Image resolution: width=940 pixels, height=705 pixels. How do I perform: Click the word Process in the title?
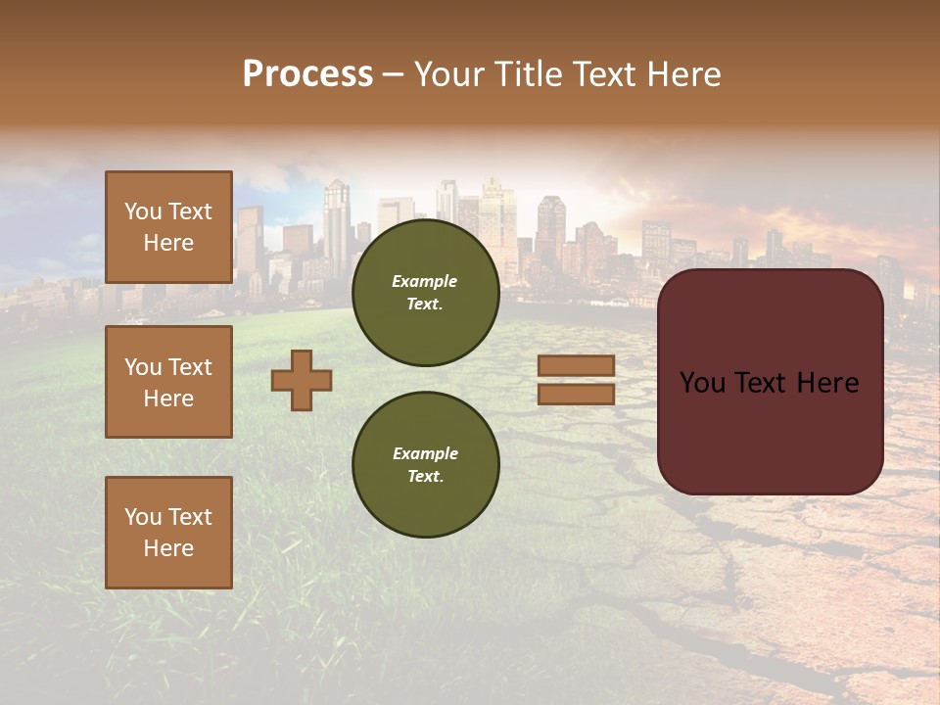307,74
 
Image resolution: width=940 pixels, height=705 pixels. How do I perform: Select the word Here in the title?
681,74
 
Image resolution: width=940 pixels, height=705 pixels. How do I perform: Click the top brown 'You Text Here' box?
168,227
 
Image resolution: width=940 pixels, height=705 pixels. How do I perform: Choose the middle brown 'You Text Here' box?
168,382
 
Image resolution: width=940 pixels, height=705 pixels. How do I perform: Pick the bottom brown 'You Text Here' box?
168,533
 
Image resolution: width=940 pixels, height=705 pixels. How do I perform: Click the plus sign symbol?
302,380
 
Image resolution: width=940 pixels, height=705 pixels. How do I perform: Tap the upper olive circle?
426,293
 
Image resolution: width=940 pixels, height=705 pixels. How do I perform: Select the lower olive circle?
426,464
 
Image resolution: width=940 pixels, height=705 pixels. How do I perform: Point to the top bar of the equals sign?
576,366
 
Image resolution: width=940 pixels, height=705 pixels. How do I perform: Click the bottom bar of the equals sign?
576,394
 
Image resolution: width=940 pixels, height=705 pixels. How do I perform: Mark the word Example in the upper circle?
425,281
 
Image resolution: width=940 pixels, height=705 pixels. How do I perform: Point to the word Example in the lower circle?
425,453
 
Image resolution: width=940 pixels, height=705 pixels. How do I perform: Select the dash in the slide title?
394,75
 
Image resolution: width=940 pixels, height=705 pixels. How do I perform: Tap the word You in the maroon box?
702,383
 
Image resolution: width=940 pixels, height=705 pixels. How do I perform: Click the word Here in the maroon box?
828,383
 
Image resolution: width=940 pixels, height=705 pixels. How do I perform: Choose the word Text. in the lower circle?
425,477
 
